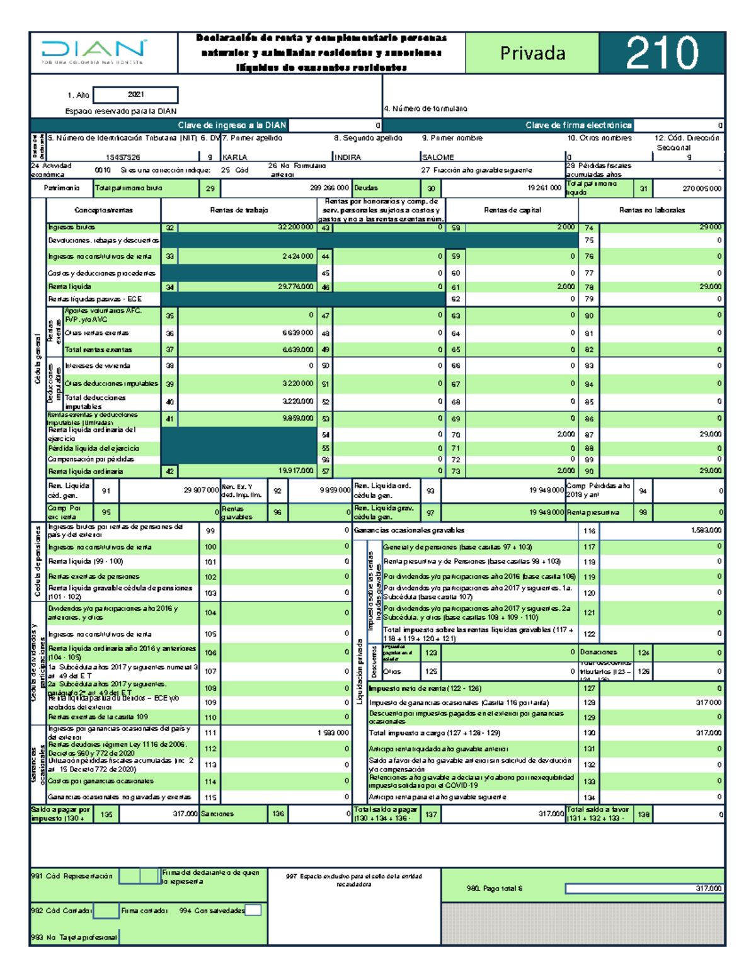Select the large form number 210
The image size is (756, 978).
tap(661, 53)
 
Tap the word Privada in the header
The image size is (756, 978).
tap(532, 54)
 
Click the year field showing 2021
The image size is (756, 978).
tap(135, 95)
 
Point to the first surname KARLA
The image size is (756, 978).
tap(235, 157)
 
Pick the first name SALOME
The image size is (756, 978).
tap(438, 157)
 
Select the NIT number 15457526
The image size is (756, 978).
tap(123, 157)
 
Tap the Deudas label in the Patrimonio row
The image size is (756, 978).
tap(366, 188)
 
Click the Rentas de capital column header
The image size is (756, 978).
tap(512, 210)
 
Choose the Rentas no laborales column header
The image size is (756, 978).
tap(651, 210)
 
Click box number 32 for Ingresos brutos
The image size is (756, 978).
tap(170, 228)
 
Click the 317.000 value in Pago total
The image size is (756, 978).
tap(708, 889)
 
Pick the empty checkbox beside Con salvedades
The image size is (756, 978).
tap(253, 910)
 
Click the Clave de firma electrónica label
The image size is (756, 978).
tap(578, 125)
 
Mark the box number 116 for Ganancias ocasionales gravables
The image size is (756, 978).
tap(589, 531)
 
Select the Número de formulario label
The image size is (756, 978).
tap(427, 109)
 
